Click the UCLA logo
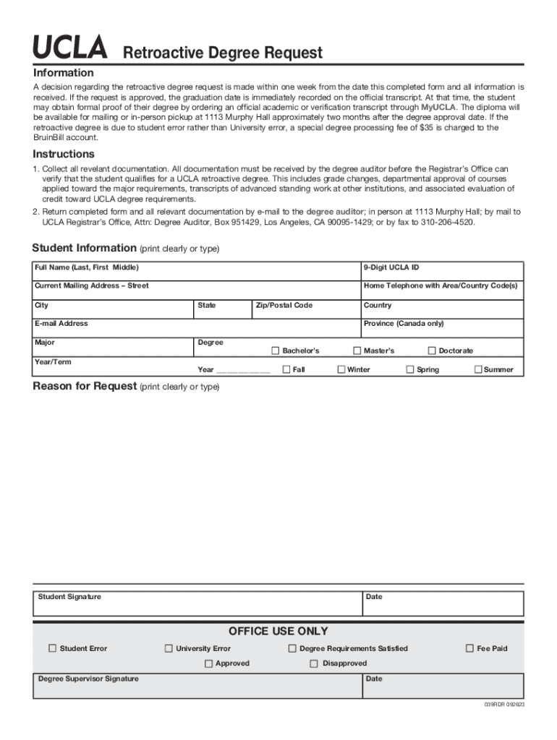click(69, 51)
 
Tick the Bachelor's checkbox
click(275, 350)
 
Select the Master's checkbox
click(357, 350)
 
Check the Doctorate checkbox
click(432, 350)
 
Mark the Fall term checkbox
click(286, 369)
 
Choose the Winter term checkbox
click(341, 369)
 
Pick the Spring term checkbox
click(409, 369)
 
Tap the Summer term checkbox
click(477, 369)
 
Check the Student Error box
click(52, 648)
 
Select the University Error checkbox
click(169, 648)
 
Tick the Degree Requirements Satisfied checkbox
click(292, 648)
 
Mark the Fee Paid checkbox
click(469, 648)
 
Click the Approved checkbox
click(208, 663)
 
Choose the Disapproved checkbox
click(314, 663)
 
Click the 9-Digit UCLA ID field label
click(391, 267)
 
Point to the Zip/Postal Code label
click(284, 305)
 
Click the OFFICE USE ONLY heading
click(278, 631)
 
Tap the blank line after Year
click(243, 370)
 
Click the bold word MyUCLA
click(438, 107)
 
